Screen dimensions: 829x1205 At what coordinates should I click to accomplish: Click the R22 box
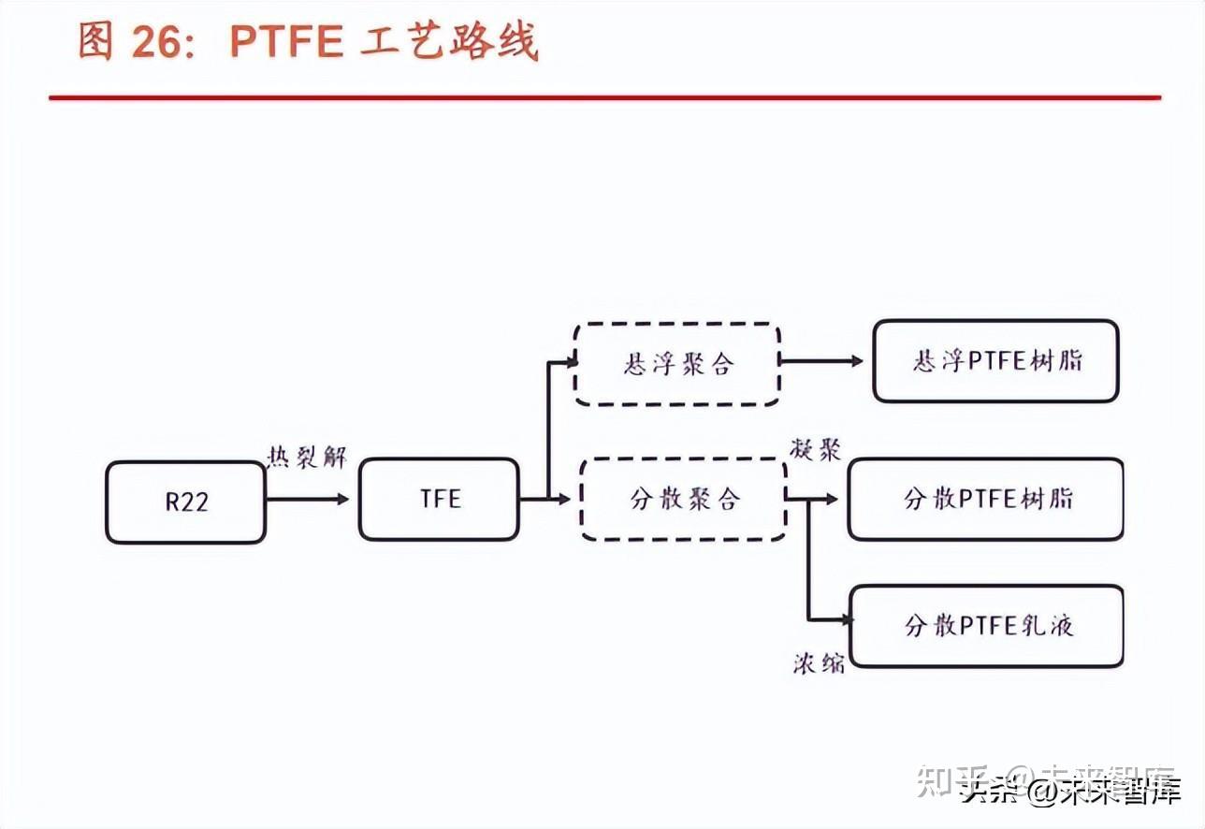[185, 502]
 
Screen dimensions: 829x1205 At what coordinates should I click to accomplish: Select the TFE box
[439, 499]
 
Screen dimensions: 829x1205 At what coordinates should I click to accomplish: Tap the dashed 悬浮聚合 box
[677, 364]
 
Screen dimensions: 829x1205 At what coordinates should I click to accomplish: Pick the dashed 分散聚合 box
[683, 499]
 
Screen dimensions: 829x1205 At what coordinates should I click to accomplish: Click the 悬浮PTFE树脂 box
[995, 361]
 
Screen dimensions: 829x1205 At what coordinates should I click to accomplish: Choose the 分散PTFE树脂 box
[985, 499]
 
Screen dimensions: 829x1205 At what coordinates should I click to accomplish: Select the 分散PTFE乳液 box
[986, 626]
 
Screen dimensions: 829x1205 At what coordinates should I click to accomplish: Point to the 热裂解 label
[307, 458]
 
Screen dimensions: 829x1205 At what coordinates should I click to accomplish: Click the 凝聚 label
[815, 449]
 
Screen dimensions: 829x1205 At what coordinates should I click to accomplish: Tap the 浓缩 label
[818, 663]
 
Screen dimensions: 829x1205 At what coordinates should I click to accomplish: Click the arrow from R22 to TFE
[307, 499]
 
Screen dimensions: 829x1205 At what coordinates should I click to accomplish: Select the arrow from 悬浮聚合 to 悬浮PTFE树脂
[821, 360]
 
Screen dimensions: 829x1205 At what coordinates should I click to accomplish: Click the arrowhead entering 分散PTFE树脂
[832, 500]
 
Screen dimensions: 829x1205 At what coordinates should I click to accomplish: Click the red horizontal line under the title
[604, 97]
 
